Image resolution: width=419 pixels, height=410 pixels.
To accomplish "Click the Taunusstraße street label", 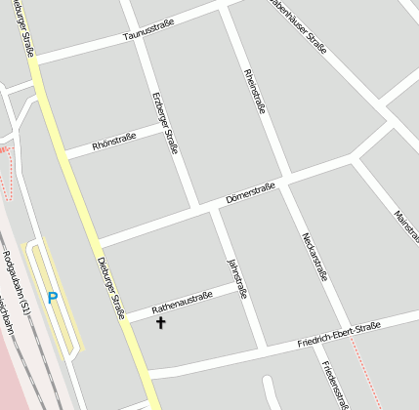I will (147, 35).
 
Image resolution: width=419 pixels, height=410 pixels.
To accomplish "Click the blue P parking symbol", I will (53, 298).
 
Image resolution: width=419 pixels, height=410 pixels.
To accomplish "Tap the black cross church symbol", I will (161, 322).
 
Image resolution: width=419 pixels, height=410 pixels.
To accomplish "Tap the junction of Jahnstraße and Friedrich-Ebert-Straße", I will (262, 346).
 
